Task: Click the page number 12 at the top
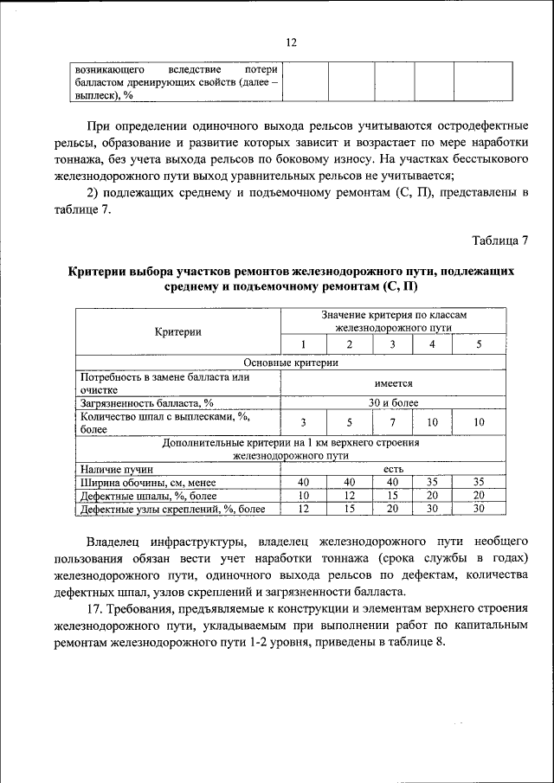(x=291, y=42)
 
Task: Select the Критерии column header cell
(x=178, y=331)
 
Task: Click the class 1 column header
(x=303, y=344)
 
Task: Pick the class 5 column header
(x=479, y=344)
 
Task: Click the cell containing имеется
(x=394, y=383)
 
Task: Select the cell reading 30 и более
(x=394, y=403)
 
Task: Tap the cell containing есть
(x=394, y=468)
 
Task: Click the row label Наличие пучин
(x=109, y=468)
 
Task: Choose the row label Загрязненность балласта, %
(x=146, y=403)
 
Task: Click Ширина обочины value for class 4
(x=433, y=482)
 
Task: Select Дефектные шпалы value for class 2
(x=349, y=496)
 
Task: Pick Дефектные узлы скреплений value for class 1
(x=303, y=510)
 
